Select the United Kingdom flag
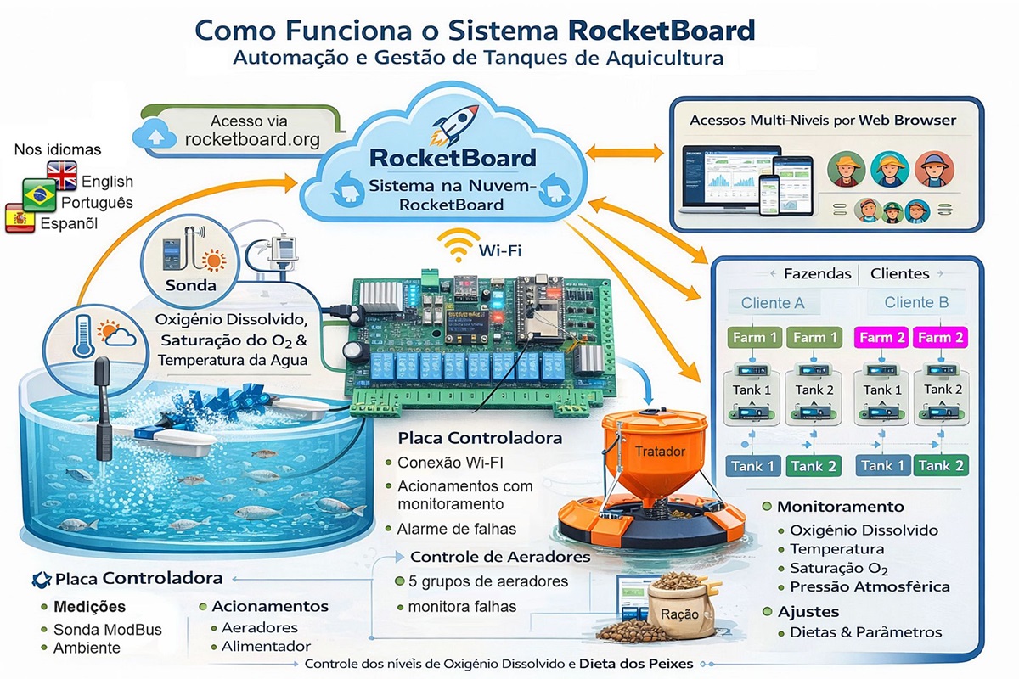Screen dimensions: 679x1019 click(x=61, y=174)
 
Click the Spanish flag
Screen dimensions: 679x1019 click(x=20, y=218)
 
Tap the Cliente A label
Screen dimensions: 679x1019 click(x=773, y=303)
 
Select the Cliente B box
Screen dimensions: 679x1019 click(x=916, y=302)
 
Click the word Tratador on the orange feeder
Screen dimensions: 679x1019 click(x=660, y=452)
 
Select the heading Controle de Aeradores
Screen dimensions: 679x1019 click(x=500, y=558)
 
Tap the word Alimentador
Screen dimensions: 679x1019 click(x=266, y=647)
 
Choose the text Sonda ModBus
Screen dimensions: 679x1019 click(x=107, y=630)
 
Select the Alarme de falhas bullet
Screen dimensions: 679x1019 click(x=456, y=529)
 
